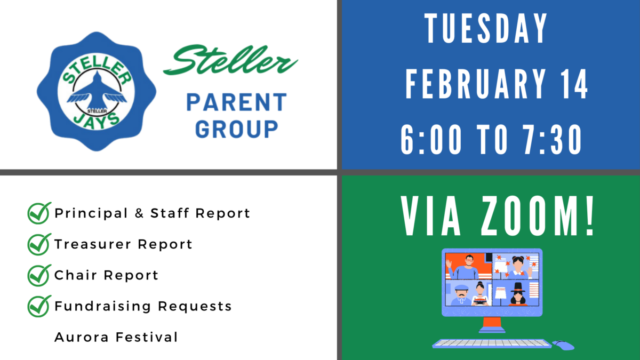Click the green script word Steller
(230, 60)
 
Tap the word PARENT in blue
(237, 102)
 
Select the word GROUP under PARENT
(237, 129)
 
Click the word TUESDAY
(486, 28)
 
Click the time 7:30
(552, 140)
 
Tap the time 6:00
(431, 140)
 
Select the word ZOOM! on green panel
(538, 217)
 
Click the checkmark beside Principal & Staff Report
(39, 213)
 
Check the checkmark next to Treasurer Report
(39, 244)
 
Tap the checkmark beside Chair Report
(39, 275)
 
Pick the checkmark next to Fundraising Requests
(39, 306)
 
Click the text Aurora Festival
(116, 337)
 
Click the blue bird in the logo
(97, 92)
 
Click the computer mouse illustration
(563, 345)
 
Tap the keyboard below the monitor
(492, 343)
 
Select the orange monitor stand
(492, 325)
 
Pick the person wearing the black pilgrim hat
(518, 294)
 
